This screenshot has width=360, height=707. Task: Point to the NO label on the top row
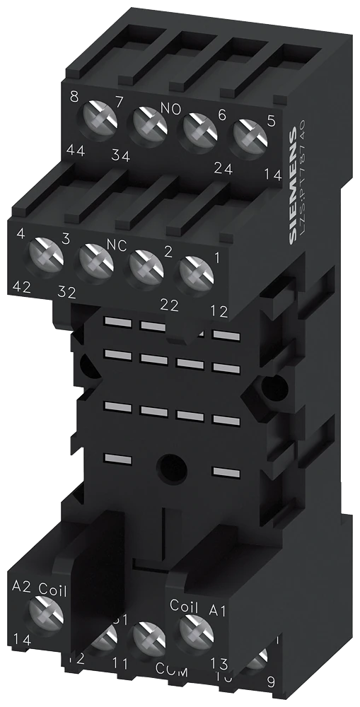[x=171, y=108]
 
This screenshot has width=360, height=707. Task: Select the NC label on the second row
[x=116, y=244]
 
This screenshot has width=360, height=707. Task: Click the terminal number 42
[x=24, y=289]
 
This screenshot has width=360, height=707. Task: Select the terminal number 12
[x=219, y=310]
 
